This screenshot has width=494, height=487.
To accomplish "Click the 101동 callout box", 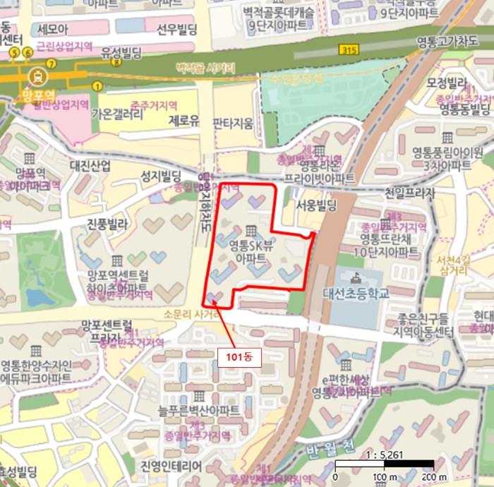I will point(239,357).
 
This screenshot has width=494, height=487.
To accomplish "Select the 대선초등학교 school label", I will point(356,292).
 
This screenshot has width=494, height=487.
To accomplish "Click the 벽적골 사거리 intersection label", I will point(205,68).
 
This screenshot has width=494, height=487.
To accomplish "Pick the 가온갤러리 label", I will point(117,114).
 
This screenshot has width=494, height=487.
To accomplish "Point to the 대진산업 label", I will point(90,166).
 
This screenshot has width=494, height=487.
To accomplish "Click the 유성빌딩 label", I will point(122,52).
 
